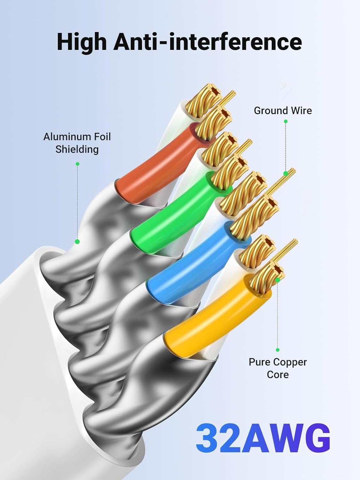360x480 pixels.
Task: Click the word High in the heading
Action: click(82, 42)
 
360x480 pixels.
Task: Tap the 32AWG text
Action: click(263, 438)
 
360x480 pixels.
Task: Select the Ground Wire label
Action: click(283, 111)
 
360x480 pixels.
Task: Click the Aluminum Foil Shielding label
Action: click(77, 143)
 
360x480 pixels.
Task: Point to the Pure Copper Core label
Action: click(277, 368)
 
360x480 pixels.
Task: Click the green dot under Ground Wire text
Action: click(285, 121)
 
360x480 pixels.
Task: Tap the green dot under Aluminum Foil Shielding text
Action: click(77, 164)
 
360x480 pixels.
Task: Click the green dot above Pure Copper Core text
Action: click(277, 350)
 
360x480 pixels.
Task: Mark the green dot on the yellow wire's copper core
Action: click(277, 280)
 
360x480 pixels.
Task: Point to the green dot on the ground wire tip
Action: click(285, 173)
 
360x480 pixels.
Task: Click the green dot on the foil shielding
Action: click(77, 242)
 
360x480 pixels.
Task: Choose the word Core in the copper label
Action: click(277, 374)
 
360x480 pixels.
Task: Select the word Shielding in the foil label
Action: click(77, 149)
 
